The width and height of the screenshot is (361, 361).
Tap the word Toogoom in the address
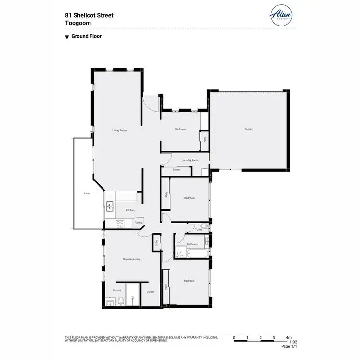77,23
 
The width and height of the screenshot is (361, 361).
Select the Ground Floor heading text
86,36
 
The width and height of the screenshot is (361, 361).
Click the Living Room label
119,130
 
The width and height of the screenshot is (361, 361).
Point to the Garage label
248,129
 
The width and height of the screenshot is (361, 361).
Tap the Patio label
87,193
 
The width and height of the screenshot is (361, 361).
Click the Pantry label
138,223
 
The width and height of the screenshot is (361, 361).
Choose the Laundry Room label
190,160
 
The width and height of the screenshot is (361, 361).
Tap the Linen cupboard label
176,170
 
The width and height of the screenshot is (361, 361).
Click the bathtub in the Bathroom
197,254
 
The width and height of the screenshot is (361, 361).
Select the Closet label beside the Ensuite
151,291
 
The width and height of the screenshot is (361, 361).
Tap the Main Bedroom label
131,259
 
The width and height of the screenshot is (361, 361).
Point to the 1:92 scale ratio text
293,342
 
